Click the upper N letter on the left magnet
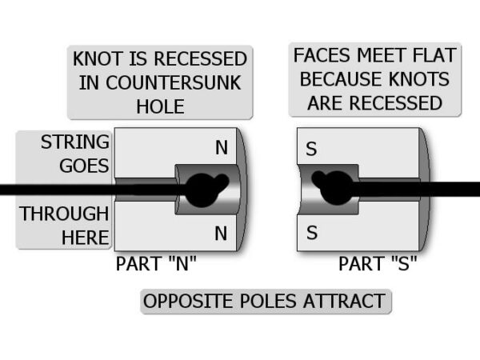click(222, 148)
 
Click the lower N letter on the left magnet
click(222, 234)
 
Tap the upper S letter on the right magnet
click(312, 150)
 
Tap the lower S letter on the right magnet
click(312, 234)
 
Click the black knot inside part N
click(199, 188)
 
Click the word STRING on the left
click(75, 142)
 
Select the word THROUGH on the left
click(65, 214)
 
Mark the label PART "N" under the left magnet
click(157, 264)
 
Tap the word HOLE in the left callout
click(160, 106)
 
